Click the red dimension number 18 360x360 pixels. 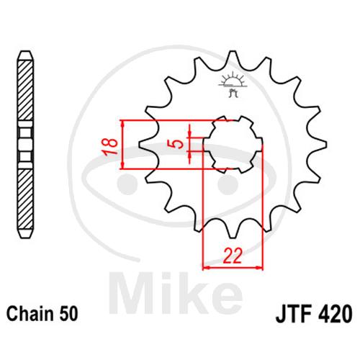tap(109, 146)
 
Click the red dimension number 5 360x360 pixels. tap(176, 144)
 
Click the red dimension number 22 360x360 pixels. tap(233, 256)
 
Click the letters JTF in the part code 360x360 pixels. tap(294, 314)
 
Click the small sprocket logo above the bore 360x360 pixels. tap(232, 84)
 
